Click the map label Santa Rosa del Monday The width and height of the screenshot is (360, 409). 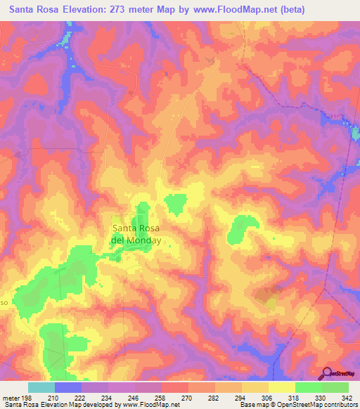[x=136, y=234]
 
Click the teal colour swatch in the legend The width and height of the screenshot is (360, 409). [x=41, y=387]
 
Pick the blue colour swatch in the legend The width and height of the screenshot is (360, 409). [x=68, y=387]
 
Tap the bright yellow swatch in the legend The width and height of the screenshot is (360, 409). [x=281, y=387]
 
